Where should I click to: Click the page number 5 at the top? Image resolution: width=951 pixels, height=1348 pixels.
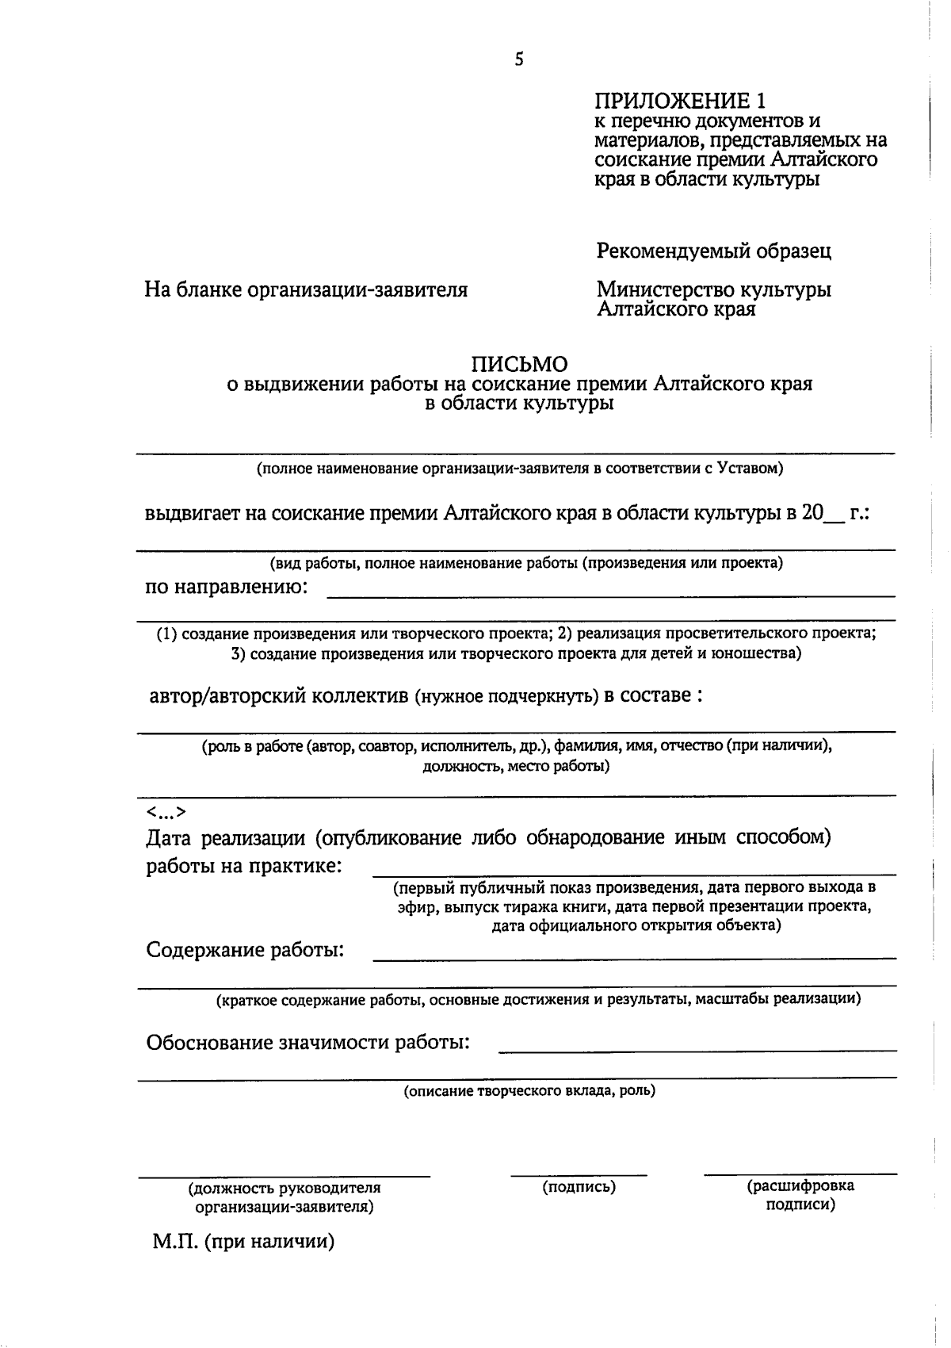click(519, 59)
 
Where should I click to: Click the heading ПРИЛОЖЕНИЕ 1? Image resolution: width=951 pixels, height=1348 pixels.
click(681, 101)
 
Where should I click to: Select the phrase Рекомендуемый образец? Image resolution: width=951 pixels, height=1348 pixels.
click(713, 251)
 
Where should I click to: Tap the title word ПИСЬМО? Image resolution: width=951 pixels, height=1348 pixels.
click(520, 364)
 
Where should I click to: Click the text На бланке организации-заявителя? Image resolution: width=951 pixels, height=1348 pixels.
click(306, 290)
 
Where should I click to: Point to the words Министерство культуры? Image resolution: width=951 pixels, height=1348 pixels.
click(713, 289)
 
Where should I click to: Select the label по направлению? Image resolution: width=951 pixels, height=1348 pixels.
click(226, 588)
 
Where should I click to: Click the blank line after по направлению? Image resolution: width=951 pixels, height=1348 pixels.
click(610, 593)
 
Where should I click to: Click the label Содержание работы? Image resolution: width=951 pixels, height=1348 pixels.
click(245, 950)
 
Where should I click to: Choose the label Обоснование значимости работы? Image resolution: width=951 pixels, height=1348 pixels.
click(307, 1042)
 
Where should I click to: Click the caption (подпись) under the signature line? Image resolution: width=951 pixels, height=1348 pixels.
click(579, 1187)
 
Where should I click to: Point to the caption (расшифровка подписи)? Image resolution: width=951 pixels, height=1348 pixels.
click(800, 1196)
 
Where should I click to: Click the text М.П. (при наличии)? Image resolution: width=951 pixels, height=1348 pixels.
click(243, 1242)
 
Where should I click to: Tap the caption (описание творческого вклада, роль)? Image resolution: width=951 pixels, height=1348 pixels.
click(529, 1091)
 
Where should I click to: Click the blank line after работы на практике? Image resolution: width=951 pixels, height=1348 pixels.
click(634, 873)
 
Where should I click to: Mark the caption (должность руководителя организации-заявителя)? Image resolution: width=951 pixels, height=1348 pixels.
click(285, 1197)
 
